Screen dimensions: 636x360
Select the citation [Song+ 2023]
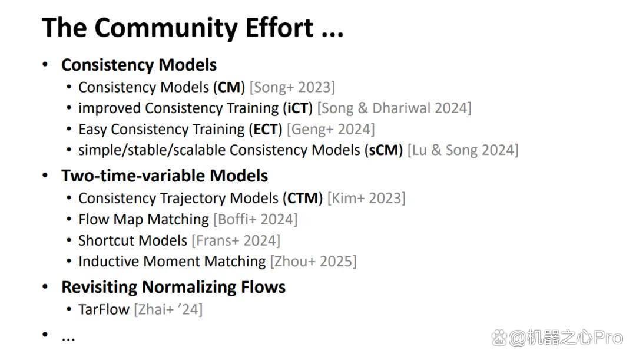point(293,88)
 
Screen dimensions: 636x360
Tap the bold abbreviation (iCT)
point(298,108)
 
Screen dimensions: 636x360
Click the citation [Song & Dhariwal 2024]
point(394,108)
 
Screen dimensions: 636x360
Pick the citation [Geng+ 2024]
point(330,130)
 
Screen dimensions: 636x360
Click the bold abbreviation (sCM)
point(383,150)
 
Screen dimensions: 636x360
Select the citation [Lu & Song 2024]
point(463,150)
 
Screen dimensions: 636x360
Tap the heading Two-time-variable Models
point(165,176)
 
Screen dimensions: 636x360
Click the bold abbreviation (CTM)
point(303,199)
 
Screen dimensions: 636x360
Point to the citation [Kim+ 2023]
point(366,199)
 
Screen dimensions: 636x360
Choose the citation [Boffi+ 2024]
point(255,220)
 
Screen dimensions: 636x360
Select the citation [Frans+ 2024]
point(236,240)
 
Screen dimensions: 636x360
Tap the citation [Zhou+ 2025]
point(313,262)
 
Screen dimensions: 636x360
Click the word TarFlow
point(104,310)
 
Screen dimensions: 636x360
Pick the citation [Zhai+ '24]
point(168,310)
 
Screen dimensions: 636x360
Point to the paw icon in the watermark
point(499,338)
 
